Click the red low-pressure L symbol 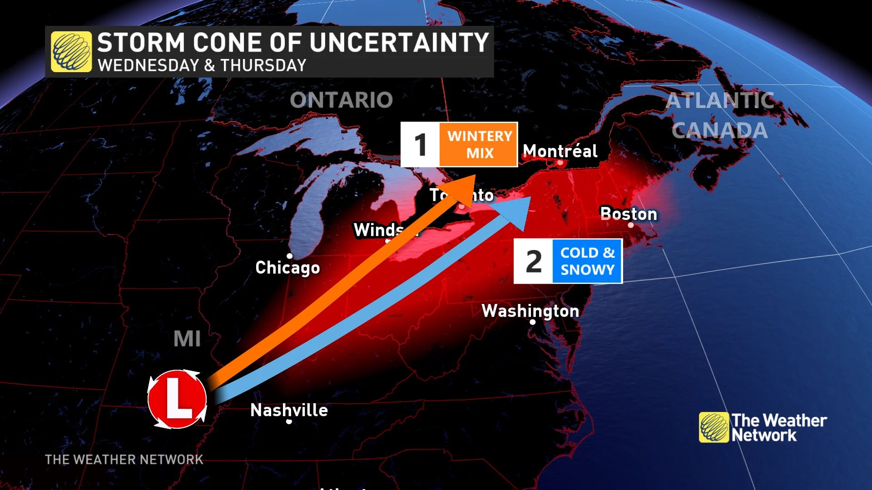pos(177,399)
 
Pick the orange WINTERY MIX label pos(479,145)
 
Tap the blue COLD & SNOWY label pos(587,261)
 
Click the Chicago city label pos(287,268)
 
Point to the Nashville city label pos(289,410)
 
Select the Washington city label pos(530,311)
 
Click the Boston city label pos(629,214)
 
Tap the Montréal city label pos(560,151)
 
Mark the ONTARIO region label pos(341,100)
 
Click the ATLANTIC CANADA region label pos(720,115)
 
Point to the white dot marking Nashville pos(289,422)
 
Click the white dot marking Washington pos(533,322)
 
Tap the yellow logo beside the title pos(71,52)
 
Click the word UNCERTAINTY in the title pos(400,43)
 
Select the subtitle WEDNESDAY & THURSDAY pos(202,65)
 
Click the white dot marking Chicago pos(290,256)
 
